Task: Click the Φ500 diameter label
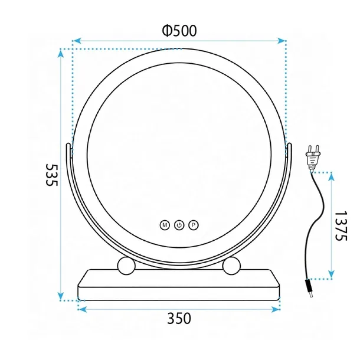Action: (x=179, y=31)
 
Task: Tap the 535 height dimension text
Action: (x=52, y=175)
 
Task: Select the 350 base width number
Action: (x=179, y=319)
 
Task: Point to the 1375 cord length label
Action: (x=341, y=225)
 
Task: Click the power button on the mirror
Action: (x=179, y=225)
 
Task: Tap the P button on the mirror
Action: (x=194, y=225)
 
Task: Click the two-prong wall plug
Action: (x=312, y=158)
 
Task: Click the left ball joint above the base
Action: (x=126, y=266)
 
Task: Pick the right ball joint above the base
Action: (x=231, y=266)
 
